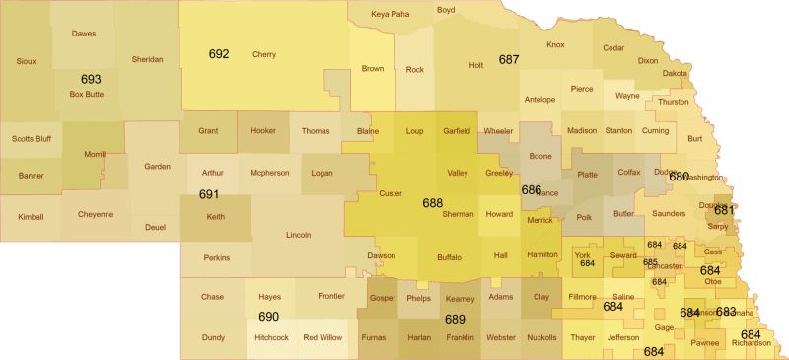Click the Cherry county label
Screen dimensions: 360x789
coord(264,54)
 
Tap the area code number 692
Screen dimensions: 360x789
coord(219,53)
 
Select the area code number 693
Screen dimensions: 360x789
coord(91,78)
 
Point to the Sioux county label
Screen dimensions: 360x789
coord(28,61)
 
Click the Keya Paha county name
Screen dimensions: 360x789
coord(390,14)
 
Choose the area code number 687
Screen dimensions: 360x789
coord(509,59)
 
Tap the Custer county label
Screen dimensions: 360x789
coord(391,193)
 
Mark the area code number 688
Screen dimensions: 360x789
coord(432,202)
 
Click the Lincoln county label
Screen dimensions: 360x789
coord(298,235)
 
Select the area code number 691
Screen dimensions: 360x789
coord(208,194)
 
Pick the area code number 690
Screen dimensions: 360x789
coord(268,317)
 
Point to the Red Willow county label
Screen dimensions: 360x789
coord(323,337)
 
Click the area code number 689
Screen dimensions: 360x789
coord(455,319)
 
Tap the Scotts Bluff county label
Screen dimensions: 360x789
coord(31,138)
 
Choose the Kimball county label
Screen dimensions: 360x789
coord(31,216)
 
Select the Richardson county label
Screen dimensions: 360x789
coord(752,343)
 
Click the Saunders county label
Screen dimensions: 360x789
coord(669,213)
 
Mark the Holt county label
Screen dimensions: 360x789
coord(476,66)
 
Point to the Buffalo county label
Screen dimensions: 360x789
coord(449,256)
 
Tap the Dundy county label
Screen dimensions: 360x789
coord(213,337)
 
